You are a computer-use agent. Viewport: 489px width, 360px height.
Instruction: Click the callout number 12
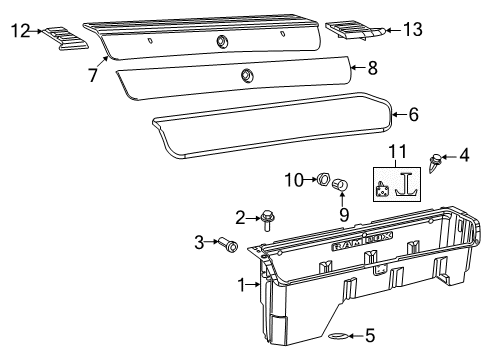tap(19, 31)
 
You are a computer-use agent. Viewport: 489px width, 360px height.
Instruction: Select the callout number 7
tap(92, 75)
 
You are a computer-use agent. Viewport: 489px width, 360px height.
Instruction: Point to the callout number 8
tap(373, 69)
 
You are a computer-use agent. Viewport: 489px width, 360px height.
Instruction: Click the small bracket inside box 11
tap(383, 186)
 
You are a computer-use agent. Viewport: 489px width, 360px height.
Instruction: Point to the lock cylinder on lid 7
tap(222, 41)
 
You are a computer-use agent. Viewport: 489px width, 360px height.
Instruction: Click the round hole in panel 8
tap(246, 75)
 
